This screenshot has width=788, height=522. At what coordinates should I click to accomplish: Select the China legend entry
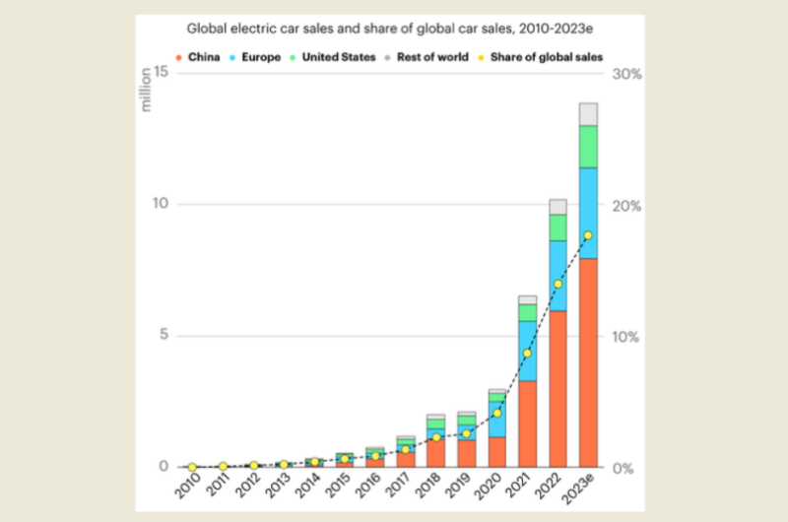pos(199,57)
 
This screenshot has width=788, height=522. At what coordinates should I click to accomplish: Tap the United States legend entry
pos(336,57)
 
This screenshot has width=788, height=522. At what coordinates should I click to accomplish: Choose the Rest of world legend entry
pos(433,57)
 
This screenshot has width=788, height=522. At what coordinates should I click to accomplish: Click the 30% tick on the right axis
pos(627,74)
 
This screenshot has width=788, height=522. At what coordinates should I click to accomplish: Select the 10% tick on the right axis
pos(627,336)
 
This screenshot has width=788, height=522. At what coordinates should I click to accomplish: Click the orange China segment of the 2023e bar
pos(588,362)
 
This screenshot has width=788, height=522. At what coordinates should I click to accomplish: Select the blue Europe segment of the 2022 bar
pos(558,276)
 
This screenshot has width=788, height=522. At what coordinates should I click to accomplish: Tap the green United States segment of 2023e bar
pos(588,147)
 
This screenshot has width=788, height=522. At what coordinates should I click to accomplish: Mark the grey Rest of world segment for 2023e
pos(588,114)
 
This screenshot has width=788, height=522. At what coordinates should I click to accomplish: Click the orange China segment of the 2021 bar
pos(527,424)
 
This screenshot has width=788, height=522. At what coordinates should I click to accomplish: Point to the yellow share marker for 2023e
pos(588,235)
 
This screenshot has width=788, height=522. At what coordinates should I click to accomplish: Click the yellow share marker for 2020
pos(496,413)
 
